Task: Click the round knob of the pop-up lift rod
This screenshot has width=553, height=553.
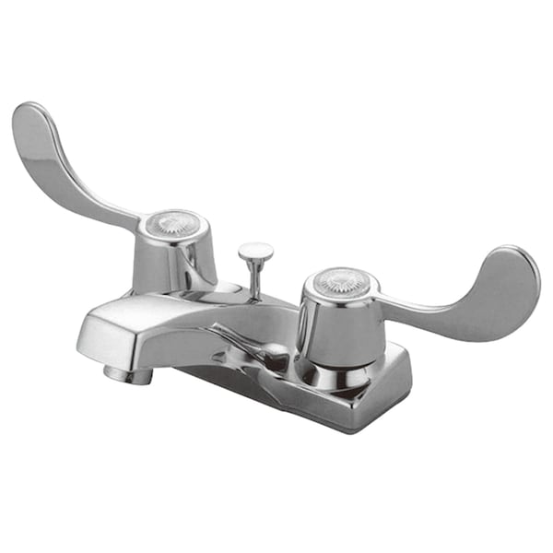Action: tap(255, 250)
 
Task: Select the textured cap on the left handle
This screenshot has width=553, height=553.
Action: tap(173, 222)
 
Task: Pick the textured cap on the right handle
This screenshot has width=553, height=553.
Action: tap(342, 280)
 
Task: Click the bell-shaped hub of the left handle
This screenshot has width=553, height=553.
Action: tap(175, 258)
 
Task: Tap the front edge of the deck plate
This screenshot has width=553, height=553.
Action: tap(304, 406)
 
